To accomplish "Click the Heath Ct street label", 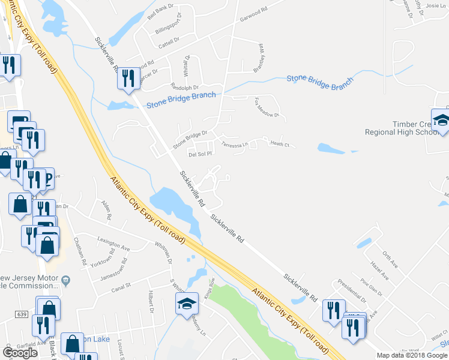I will [280, 144].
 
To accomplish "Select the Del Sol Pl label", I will [200, 154].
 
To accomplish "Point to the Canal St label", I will [121, 290].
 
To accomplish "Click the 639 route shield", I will [22, 314].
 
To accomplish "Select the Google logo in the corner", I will [20, 353].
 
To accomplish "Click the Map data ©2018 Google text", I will [412, 355].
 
